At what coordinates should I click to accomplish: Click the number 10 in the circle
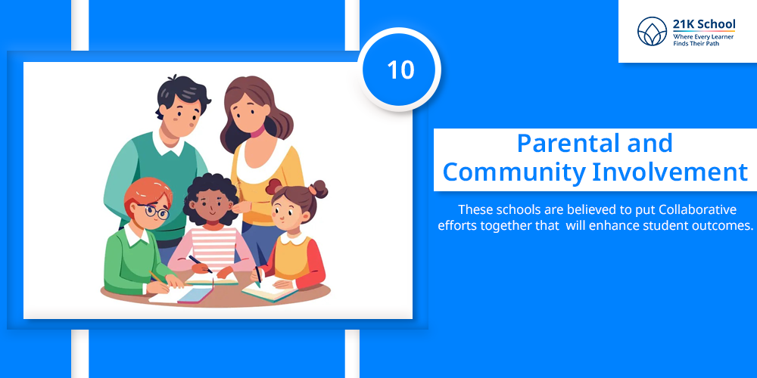(400, 70)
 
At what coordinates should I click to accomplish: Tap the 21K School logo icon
(652, 31)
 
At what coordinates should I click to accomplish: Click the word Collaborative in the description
(698, 210)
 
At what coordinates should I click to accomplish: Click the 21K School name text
(704, 24)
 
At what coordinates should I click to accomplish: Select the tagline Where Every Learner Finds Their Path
(703, 39)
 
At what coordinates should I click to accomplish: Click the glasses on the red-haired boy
(154, 211)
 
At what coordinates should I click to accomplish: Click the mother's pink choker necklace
(260, 131)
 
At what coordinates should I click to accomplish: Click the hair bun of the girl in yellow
(319, 188)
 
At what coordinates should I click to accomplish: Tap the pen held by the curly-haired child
(201, 264)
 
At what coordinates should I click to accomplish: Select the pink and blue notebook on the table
(195, 294)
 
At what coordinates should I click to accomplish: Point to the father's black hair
(182, 92)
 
